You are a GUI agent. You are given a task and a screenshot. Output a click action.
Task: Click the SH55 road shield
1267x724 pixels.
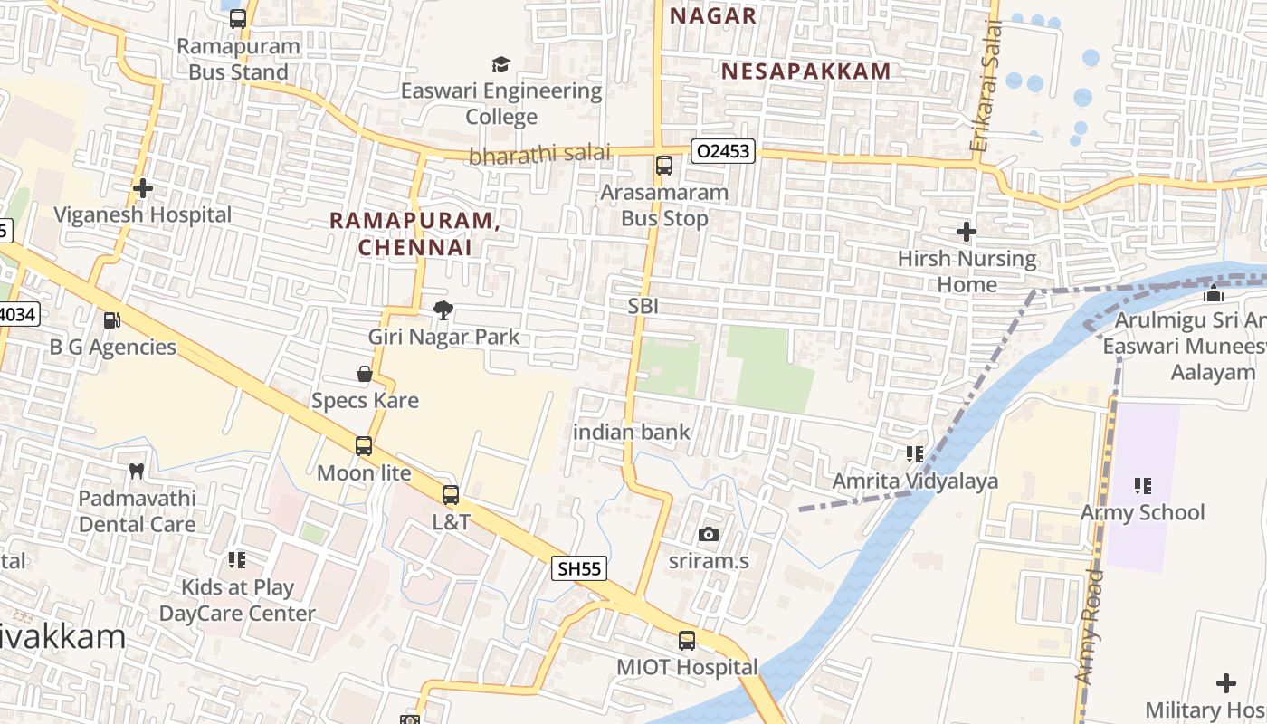tap(578, 568)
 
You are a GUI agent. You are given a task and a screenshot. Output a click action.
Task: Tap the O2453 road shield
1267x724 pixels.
tap(723, 151)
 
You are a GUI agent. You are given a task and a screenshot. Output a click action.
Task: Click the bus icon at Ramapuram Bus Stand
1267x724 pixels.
tap(238, 19)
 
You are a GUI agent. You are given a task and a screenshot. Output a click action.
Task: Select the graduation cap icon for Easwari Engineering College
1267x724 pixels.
tap(500, 64)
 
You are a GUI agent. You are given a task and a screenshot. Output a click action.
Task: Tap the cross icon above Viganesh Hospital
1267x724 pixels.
tap(143, 188)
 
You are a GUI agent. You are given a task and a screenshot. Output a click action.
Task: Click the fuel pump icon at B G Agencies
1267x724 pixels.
tap(112, 320)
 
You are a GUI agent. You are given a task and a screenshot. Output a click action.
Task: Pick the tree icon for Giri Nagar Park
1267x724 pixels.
tap(443, 310)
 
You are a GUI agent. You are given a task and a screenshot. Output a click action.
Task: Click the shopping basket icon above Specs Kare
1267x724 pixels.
tap(365, 374)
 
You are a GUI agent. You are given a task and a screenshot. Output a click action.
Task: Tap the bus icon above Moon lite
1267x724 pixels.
tap(364, 446)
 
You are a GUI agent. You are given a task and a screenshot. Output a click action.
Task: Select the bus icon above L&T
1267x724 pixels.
tap(451, 495)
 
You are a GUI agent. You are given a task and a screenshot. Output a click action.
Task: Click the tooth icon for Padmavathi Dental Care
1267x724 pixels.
tap(137, 471)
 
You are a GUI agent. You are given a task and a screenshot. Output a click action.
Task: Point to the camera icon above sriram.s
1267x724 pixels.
tap(709, 534)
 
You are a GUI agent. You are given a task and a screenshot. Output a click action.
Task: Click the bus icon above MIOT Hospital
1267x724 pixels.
tap(687, 641)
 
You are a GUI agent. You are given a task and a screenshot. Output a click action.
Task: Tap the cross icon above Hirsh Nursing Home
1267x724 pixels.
tap(967, 232)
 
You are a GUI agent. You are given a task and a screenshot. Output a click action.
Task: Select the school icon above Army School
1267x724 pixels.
tap(1143, 486)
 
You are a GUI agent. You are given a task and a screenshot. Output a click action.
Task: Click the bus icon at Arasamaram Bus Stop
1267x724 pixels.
tap(664, 166)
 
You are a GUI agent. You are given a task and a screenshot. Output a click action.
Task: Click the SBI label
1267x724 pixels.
tap(643, 306)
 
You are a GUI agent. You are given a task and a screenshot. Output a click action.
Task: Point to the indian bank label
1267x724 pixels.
tap(632, 432)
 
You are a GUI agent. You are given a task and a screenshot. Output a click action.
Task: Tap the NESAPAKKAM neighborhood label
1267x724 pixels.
tap(805, 71)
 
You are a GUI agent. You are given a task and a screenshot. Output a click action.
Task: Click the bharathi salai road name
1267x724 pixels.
tap(539, 154)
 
